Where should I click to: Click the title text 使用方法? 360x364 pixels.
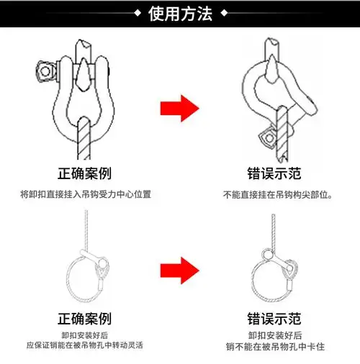(x=179, y=14)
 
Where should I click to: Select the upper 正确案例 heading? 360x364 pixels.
(x=85, y=173)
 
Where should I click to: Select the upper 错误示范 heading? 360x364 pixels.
(x=274, y=173)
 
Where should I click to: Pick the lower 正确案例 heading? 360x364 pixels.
(x=85, y=319)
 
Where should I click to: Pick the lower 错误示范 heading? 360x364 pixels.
(x=274, y=319)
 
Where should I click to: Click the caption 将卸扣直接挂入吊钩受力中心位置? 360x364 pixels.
(x=85, y=194)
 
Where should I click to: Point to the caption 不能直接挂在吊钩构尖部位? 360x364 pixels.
(x=276, y=194)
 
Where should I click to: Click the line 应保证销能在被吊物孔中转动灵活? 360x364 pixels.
(x=85, y=346)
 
